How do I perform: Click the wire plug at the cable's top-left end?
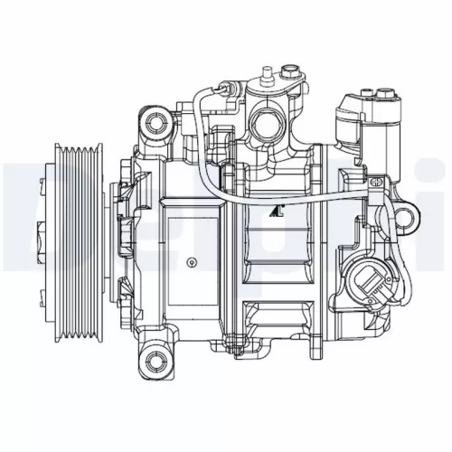coord(218,93)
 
